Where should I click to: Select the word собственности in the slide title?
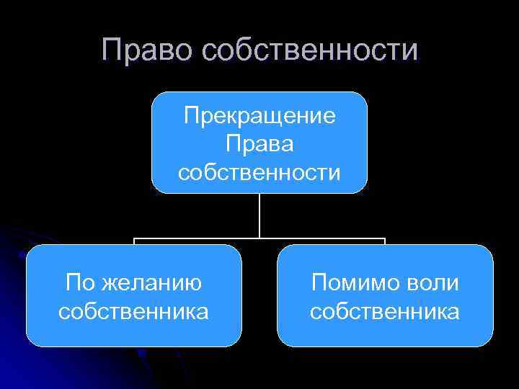310,50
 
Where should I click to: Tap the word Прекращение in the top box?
259,116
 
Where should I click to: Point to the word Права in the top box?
259,144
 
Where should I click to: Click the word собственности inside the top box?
259,172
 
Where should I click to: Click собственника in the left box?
134,311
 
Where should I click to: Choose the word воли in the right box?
432,283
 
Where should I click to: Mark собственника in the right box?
385,311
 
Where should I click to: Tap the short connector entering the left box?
134,241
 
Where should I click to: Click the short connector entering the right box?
385,241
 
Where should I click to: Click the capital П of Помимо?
318,283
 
